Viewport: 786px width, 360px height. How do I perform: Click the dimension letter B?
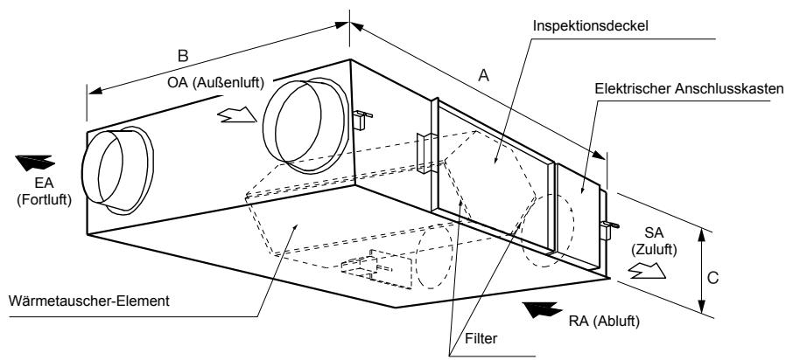pyautogui.click(x=183, y=56)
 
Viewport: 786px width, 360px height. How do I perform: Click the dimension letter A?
pyautogui.click(x=483, y=75)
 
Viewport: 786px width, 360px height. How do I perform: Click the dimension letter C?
pyautogui.click(x=713, y=278)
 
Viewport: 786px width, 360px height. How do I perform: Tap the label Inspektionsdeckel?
pyautogui.click(x=591, y=25)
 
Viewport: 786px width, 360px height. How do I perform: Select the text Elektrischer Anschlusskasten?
pyautogui.click(x=689, y=89)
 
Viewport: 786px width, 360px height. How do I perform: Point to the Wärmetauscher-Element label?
pyautogui.click(x=89, y=301)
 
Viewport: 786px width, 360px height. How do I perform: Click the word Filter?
pyautogui.click(x=481, y=338)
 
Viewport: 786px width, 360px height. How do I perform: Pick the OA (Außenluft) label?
pyautogui.click(x=215, y=83)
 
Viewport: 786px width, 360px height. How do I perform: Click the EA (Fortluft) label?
pyautogui.click(x=44, y=191)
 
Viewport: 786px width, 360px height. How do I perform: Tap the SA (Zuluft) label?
pyautogui.click(x=654, y=241)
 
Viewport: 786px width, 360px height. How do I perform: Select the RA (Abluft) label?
pyautogui.click(x=604, y=322)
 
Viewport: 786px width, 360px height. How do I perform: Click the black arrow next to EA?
pyautogui.click(x=35, y=163)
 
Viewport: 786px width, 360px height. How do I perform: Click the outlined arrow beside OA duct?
pyautogui.click(x=236, y=114)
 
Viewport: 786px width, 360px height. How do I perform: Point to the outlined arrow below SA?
pyautogui.click(x=647, y=270)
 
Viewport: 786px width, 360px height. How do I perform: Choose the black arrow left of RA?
pyautogui.click(x=542, y=309)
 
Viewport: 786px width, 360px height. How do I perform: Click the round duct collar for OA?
pyautogui.click(x=305, y=126)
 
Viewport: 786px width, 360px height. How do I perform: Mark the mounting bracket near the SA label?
pyautogui.click(x=608, y=228)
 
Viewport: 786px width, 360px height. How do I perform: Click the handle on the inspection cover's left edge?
pyautogui.click(x=424, y=154)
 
